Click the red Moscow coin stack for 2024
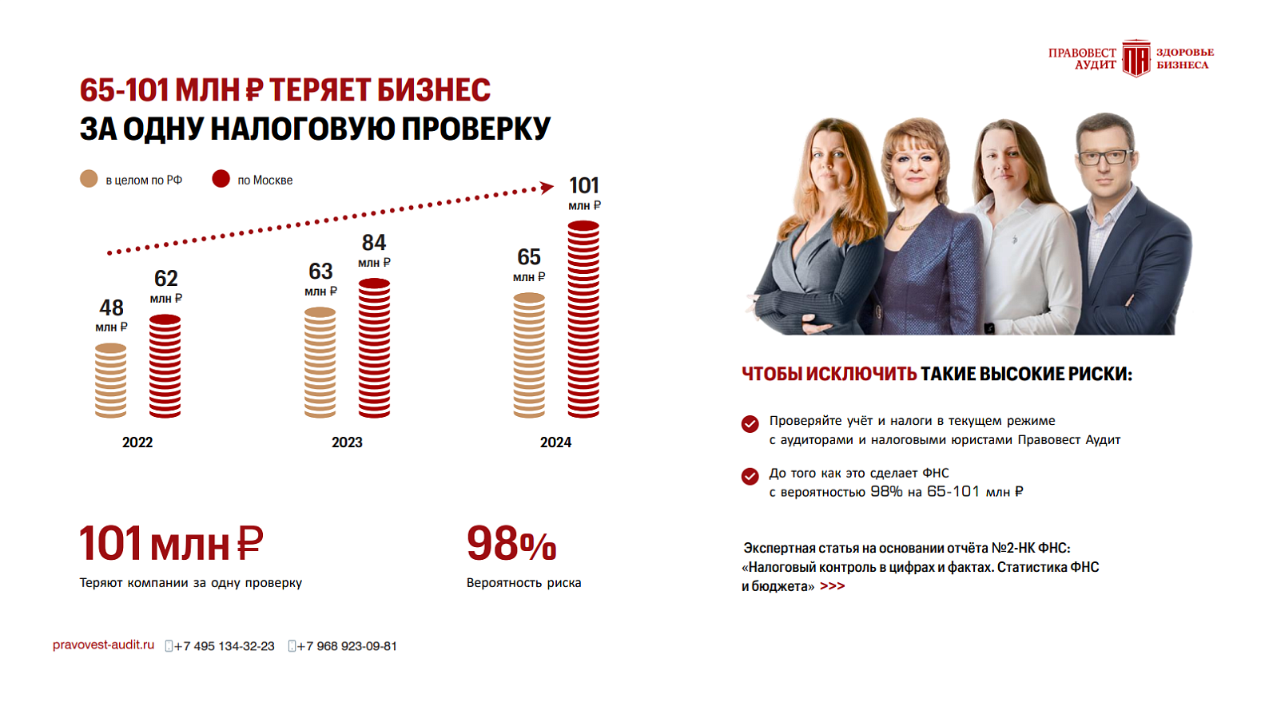[x=583, y=319]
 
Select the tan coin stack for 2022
[x=110, y=381]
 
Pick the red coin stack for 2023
[x=374, y=348]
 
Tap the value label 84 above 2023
[x=374, y=243]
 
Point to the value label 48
[x=111, y=308]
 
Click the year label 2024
[x=555, y=442]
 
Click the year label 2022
[x=137, y=442]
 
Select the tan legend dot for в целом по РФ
[x=89, y=179]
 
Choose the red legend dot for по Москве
[x=221, y=179]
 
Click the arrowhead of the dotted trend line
[x=547, y=188]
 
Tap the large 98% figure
[x=511, y=545]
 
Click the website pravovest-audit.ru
[x=103, y=645]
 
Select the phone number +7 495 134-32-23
[x=224, y=646]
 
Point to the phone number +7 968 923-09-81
[x=347, y=646]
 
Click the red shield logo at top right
[x=1136, y=58]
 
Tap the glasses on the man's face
[x=1105, y=157]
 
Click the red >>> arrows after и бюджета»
[x=832, y=586]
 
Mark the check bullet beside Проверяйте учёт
[x=750, y=423]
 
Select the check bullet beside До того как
[x=750, y=476]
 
